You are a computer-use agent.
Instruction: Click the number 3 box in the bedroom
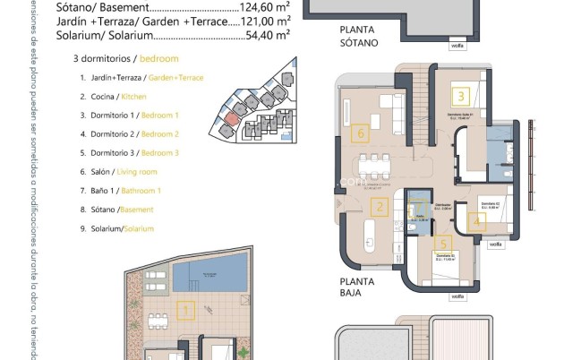pos(461,96)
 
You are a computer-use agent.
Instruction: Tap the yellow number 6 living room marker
pos(362,135)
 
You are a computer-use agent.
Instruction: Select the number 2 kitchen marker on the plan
pos(380,210)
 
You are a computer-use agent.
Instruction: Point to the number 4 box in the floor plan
pos(477,218)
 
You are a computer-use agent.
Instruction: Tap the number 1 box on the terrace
pos(186,313)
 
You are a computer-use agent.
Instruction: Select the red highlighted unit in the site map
pos(231,117)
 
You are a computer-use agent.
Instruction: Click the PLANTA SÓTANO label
pos(359,37)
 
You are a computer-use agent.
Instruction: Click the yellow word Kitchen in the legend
pos(133,97)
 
